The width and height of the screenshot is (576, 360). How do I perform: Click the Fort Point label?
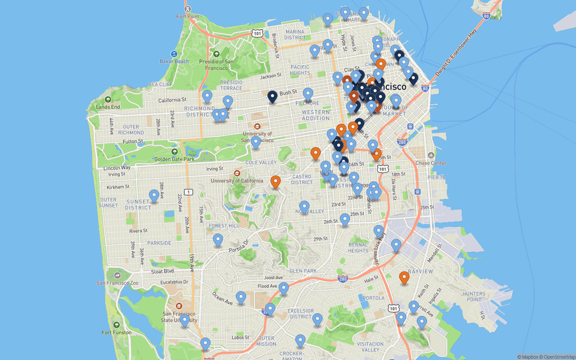pyautogui.click(x=188, y=17)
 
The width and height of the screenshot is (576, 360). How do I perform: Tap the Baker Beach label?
pyautogui.click(x=174, y=61)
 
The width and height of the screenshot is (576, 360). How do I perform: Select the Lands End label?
pyautogui.click(x=108, y=107)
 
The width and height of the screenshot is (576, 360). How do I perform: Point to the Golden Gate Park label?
pyautogui.click(x=174, y=159)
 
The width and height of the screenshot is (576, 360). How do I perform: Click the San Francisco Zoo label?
pyautogui.click(x=117, y=283)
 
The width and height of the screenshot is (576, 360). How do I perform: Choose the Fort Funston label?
pyautogui.click(x=117, y=332)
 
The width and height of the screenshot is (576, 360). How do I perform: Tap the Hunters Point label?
pyautogui.click(x=474, y=297)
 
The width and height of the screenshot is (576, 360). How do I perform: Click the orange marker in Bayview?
pyautogui.click(x=404, y=278)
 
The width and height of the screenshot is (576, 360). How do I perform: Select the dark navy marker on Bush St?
pyautogui.click(x=272, y=96)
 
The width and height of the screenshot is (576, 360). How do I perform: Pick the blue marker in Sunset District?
pyautogui.click(x=154, y=195)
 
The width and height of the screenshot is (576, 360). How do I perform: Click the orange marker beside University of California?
pyautogui.click(x=275, y=182)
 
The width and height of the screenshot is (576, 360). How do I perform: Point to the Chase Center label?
pyautogui.click(x=431, y=163)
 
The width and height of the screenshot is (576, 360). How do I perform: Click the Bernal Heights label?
pyautogui.click(x=358, y=247)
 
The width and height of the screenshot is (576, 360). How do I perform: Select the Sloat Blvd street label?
pyautogui.click(x=162, y=271)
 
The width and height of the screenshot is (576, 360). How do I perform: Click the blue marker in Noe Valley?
pyautogui.click(x=305, y=207)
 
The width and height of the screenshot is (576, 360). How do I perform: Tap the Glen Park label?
pyautogui.click(x=303, y=271)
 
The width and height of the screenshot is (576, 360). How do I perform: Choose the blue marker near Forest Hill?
pyautogui.click(x=218, y=239)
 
